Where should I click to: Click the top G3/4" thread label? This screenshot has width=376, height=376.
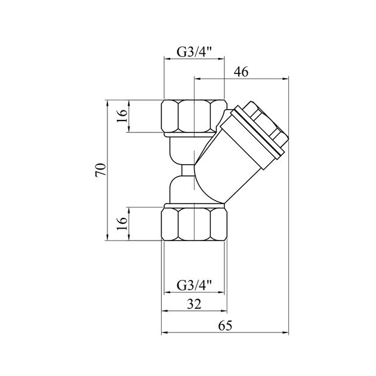coord(194,51)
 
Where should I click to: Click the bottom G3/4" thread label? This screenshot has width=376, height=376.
coord(194,285)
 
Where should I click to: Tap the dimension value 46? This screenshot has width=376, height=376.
coord(241,72)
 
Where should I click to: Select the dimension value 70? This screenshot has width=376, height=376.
coord(101,170)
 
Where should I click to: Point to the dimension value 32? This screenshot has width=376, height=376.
coord(194,304)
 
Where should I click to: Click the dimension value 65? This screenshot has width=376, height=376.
coord(225,326)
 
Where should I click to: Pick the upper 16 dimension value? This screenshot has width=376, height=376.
coord(122,116)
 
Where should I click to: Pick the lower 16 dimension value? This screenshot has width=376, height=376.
coord(122,223)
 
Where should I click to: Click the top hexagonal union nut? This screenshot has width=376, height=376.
coord(194,116)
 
